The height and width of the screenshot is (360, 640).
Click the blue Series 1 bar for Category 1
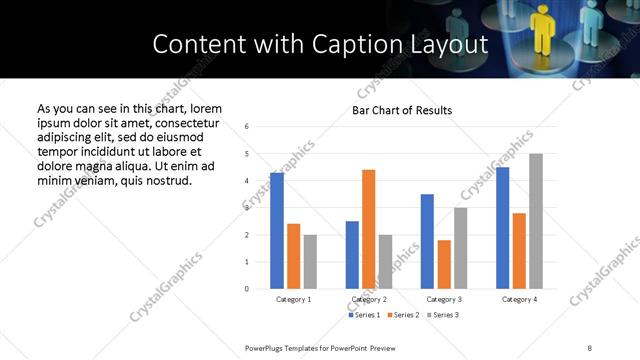coord(277,231)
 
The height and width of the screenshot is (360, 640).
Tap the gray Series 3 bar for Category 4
coord(535,221)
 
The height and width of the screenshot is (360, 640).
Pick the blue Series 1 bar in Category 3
coord(427,241)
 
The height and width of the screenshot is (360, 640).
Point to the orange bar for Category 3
coord(444,264)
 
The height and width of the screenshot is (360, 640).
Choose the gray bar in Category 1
coord(310,262)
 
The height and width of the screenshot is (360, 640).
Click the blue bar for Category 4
coord(502,228)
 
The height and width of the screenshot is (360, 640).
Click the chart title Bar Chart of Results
coord(402,110)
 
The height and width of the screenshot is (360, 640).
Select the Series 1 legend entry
coord(364,315)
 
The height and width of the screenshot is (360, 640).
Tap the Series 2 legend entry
coord(402,315)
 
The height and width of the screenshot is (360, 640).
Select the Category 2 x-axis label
coord(368,299)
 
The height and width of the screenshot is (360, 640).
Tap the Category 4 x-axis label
coord(519,299)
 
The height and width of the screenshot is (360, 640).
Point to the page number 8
coord(589,347)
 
